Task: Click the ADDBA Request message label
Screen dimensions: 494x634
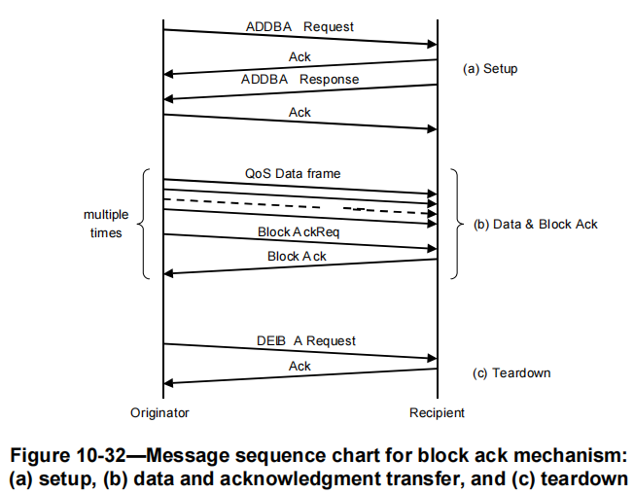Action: [299, 26]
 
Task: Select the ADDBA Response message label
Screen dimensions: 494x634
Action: [299, 79]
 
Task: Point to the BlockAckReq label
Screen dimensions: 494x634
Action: [299, 232]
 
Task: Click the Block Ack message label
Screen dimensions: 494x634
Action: [298, 256]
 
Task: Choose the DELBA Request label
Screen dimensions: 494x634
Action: [299, 340]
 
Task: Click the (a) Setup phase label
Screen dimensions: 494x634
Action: [489, 69]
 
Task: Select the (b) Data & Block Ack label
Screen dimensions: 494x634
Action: [536, 224]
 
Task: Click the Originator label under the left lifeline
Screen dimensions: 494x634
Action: [159, 412]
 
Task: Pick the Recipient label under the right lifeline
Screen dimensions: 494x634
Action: [437, 412]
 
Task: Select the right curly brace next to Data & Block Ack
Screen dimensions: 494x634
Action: [456, 225]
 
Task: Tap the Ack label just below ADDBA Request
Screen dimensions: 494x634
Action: [299, 57]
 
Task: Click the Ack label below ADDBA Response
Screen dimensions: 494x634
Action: [299, 112]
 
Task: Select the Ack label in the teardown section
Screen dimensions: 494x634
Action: [299, 366]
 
